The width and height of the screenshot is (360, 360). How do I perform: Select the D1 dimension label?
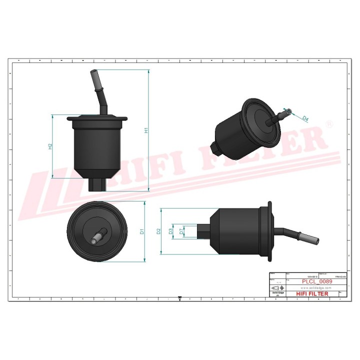click(x=142, y=231)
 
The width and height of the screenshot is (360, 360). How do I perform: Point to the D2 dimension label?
click(x=158, y=231)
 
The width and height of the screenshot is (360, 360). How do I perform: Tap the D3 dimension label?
click(x=170, y=231)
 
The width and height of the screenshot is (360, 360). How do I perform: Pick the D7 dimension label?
click(x=181, y=231)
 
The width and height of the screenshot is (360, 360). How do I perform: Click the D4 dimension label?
click(x=305, y=118)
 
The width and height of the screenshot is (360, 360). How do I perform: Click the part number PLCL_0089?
click(x=317, y=281)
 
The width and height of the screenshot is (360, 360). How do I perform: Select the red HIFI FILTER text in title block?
click(x=312, y=293)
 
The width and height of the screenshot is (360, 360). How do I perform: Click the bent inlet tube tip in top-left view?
click(x=93, y=75)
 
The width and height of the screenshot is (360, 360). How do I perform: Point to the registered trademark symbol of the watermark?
click(x=328, y=123)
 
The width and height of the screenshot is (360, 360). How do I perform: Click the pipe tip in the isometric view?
click(x=285, y=111)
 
